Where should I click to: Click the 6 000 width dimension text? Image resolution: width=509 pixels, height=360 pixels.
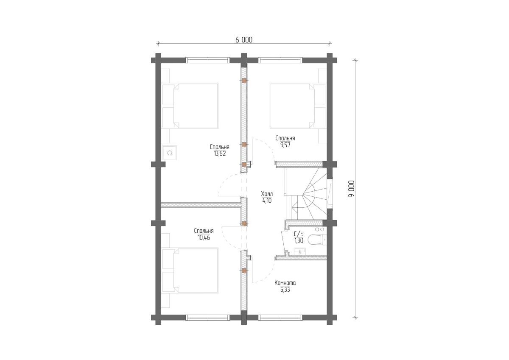tap(244, 40)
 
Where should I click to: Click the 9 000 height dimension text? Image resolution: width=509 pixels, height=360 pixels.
tap(351, 189)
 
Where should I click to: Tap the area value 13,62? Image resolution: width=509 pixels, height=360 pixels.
tap(220, 154)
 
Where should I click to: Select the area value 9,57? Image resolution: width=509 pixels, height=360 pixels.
tap(285, 145)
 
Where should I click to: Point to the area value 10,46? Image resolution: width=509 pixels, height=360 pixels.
tap(204, 237)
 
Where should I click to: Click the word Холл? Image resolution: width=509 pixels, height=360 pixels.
tap(267, 194)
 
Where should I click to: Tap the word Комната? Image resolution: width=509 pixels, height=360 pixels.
tap(285, 283)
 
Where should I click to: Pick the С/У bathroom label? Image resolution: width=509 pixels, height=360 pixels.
tap(299, 234)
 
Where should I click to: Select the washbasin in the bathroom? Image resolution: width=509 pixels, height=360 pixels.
tap(300, 251)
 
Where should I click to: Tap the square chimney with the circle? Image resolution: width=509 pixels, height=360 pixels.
tap(170, 153)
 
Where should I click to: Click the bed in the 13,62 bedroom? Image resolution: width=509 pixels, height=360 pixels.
tap(190, 106)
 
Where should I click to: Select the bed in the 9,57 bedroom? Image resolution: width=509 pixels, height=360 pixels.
tap(298, 106)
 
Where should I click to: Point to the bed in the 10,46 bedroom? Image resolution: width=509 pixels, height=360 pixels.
tap(190, 271)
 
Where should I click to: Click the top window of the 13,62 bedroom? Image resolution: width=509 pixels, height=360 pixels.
tap(208, 60)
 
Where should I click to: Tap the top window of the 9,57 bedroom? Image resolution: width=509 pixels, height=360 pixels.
tap(280, 60)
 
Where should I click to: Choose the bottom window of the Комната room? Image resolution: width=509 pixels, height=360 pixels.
tap(280, 318)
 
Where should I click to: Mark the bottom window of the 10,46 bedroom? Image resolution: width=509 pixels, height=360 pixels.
tap(208, 318)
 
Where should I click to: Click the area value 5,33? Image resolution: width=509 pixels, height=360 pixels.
tap(285, 290)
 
